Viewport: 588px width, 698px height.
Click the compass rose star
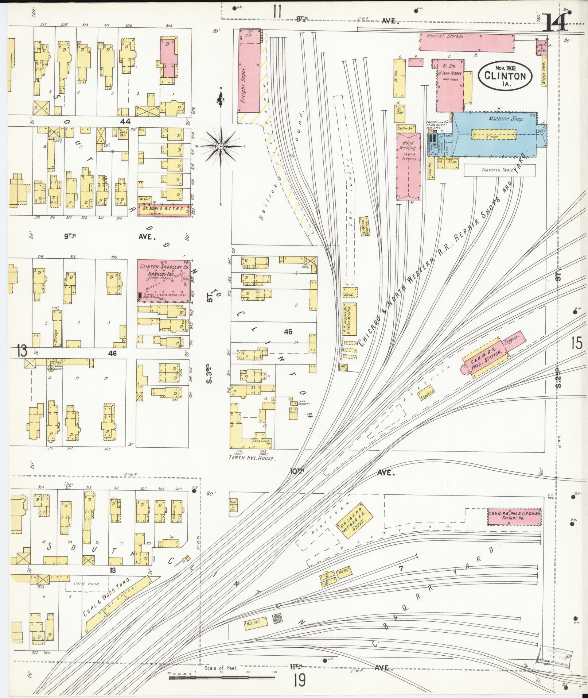[x=221, y=146]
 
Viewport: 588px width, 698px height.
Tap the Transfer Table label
[x=498, y=170]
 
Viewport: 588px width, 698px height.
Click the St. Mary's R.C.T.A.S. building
[x=164, y=211]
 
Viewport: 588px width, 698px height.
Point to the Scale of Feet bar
[x=222, y=678]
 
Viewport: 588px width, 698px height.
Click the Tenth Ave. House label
[x=252, y=458]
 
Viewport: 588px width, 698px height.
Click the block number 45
[x=288, y=332]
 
